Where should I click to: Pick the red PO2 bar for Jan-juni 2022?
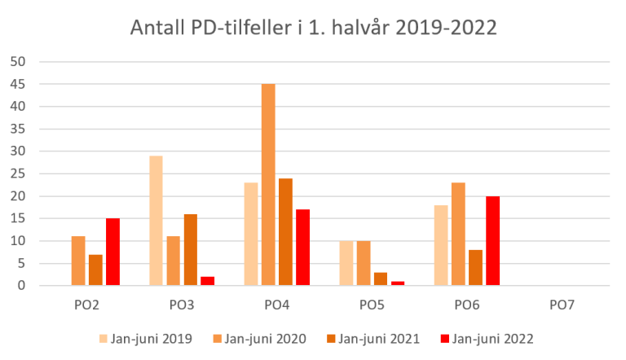pos(112,252)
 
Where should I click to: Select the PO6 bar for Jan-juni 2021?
pos(476,268)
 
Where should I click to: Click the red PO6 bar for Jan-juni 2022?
pos(493,241)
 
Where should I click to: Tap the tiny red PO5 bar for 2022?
pos(398,283)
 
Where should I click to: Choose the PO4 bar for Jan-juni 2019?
pos(251,234)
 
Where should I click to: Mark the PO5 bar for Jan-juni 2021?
pos(381,279)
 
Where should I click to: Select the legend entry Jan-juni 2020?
pos(259,338)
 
